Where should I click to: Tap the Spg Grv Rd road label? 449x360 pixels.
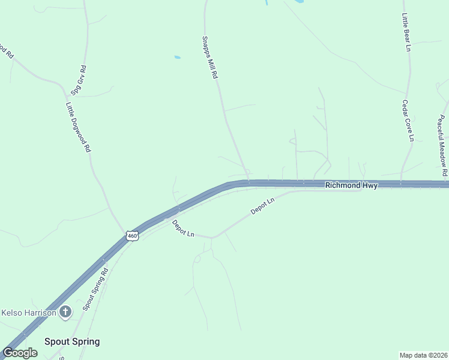(x=79, y=80)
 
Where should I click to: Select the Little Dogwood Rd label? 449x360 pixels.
(x=78, y=127)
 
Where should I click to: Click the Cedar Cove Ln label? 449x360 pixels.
(x=408, y=121)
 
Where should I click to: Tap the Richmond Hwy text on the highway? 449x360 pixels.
(x=351, y=185)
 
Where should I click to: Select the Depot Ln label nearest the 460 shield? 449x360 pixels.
(x=183, y=229)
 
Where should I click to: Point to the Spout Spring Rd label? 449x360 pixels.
(x=95, y=289)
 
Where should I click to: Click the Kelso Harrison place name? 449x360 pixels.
(x=28, y=312)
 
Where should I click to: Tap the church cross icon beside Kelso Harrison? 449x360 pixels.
(x=65, y=312)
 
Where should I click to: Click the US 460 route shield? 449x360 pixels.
(x=133, y=236)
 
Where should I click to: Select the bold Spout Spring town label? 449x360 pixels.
(x=72, y=341)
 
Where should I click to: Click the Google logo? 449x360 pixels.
(x=20, y=352)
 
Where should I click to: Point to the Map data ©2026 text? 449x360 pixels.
(x=423, y=355)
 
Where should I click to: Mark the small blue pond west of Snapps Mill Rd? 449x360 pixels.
(x=177, y=58)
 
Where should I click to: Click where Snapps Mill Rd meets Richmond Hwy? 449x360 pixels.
(x=249, y=182)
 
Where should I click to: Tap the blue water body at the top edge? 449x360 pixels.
(x=265, y=2)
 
